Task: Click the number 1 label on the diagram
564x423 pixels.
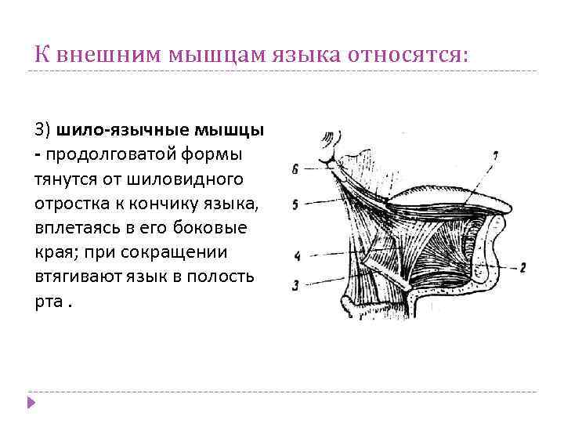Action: pyautogui.click(x=493, y=157)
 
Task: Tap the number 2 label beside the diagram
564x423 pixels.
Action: pyautogui.click(x=522, y=266)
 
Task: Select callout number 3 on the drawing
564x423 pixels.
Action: pyautogui.click(x=295, y=285)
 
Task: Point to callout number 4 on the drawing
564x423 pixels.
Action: pyautogui.click(x=297, y=256)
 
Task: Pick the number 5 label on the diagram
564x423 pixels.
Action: pyautogui.click(x=295, y=204)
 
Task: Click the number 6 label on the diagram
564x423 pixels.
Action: pyautogui.click(x=295, y=168)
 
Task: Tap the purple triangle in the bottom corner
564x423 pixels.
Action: pyautogui.click(x=31, y=402)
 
